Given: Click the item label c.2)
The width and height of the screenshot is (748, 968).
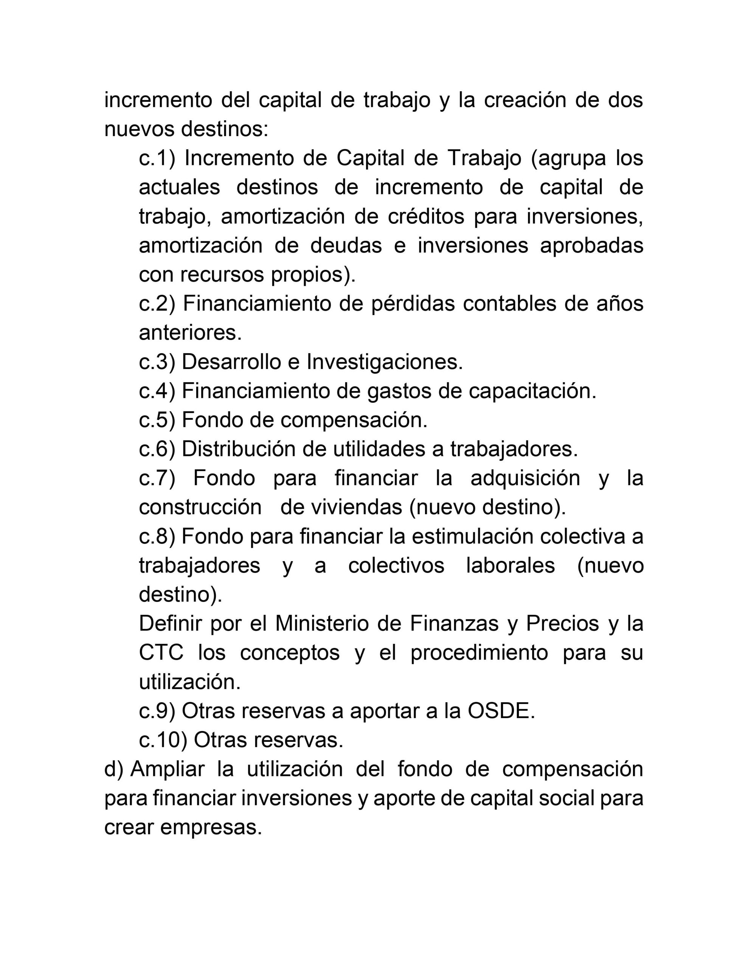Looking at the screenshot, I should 157,304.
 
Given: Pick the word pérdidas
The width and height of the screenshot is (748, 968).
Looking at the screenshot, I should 413,304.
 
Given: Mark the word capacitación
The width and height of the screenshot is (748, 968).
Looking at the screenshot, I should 532,391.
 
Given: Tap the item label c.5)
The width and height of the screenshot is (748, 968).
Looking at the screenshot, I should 157,420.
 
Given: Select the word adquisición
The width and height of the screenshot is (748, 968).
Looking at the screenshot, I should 525,478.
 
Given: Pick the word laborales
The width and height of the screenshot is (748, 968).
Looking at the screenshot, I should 511,566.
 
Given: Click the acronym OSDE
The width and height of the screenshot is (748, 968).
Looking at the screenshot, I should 501,711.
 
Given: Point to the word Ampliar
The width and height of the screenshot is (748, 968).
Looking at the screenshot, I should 168,769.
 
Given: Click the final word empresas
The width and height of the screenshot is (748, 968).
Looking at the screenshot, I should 211,827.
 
